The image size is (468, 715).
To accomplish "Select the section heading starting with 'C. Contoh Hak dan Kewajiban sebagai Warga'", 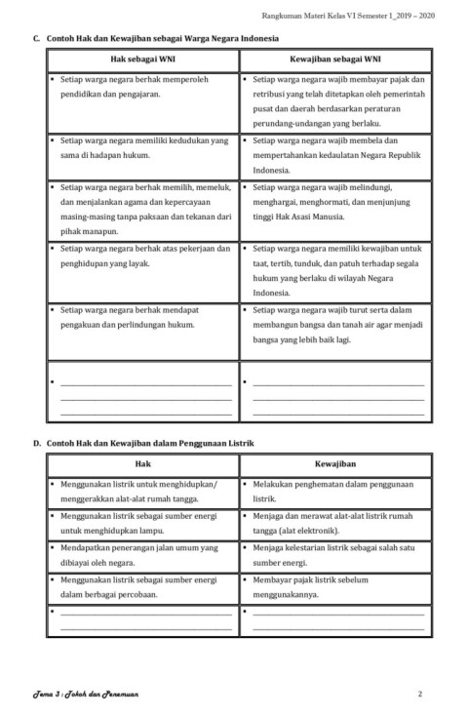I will point(156,39).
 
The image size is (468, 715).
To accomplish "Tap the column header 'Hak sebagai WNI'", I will point(142,59).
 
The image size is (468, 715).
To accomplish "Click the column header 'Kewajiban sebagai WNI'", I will point(334,59).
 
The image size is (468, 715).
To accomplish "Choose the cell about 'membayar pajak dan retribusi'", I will point(334,101).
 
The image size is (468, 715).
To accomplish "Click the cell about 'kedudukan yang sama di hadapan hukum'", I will point(142,147).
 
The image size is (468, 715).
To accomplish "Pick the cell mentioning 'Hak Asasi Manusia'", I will point(334,201).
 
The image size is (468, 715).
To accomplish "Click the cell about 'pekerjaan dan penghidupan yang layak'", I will point(142,256).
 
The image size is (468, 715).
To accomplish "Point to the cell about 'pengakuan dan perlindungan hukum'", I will point(142,317).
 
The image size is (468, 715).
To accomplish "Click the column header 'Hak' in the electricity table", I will point(142,463).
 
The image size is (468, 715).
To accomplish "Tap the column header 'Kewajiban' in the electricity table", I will point(334,463).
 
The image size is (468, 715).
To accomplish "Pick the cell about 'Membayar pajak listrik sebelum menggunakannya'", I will point(334,585).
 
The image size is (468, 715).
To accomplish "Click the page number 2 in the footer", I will point(419,694).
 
